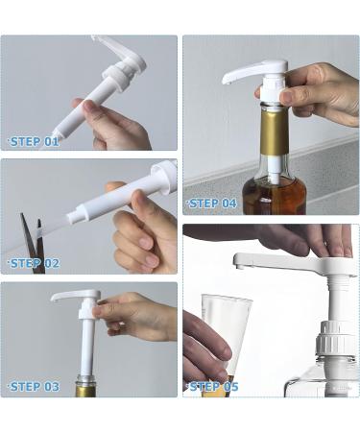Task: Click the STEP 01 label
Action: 35,142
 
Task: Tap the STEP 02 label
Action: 35,264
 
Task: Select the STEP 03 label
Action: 35,387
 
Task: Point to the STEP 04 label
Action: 212,204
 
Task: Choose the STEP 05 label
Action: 214,387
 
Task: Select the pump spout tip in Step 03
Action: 54,299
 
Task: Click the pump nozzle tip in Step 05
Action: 237,265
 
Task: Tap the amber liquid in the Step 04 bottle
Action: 275,195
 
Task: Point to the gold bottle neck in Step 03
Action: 86,390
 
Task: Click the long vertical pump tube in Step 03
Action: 87,346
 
